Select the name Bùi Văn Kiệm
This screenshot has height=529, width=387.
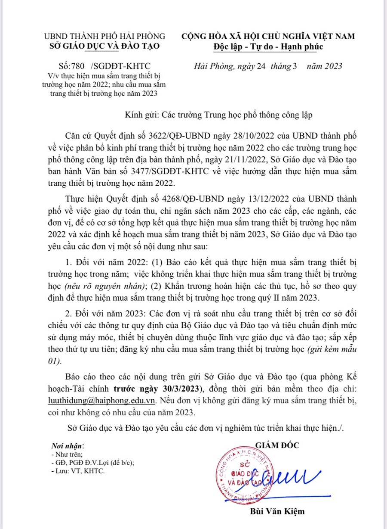[x=277, y=511]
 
